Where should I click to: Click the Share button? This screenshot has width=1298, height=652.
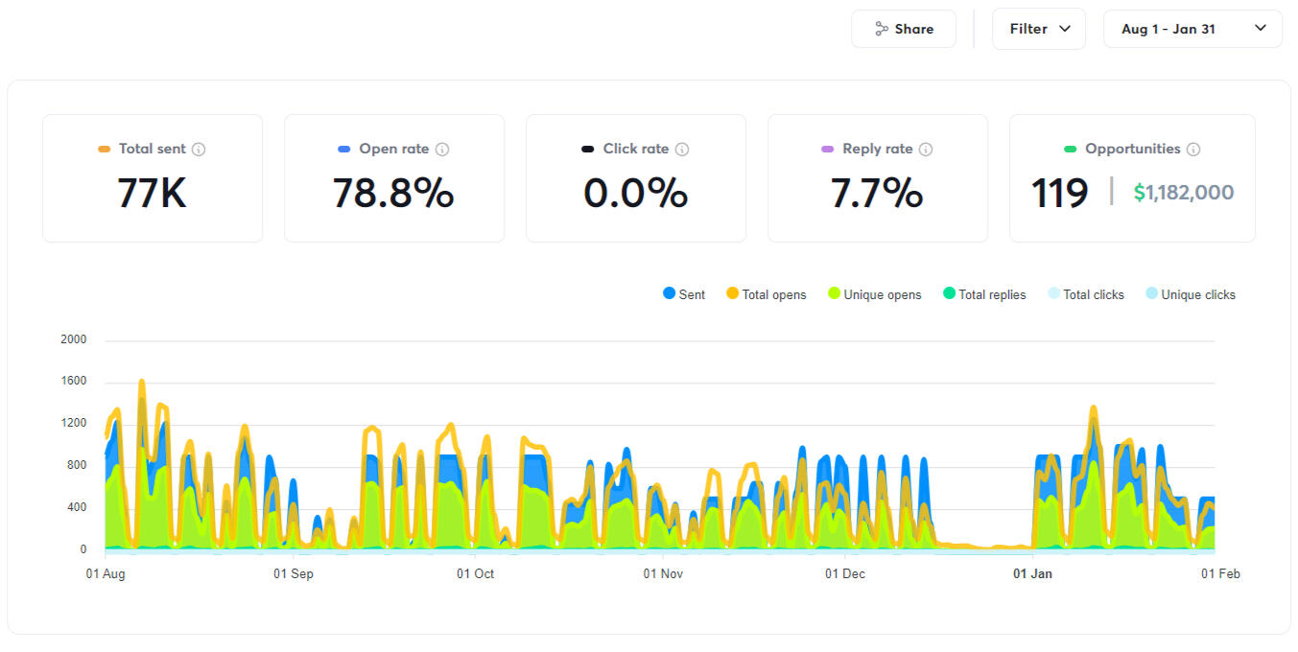pos(904,29)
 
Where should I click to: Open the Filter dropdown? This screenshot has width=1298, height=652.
pos(1039,29)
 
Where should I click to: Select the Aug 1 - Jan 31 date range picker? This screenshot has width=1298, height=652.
pos(1192,29)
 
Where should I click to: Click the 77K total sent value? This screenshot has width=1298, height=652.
pos(152,193)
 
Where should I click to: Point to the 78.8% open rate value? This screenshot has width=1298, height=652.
pos(393,193)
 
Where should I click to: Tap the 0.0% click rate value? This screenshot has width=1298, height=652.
pos(635,193)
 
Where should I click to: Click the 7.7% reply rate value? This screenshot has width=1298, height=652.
pos(877,193)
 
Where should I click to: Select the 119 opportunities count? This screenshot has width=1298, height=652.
pos(1059,193)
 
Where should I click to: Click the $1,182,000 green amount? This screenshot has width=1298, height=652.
pos(1184,193)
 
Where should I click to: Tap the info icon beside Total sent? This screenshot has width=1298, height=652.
pos(199,150)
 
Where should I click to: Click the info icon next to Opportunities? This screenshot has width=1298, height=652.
pos(1193,150)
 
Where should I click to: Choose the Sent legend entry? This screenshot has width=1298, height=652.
pos(684,294)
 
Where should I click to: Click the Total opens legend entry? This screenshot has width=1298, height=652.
pos(766,294)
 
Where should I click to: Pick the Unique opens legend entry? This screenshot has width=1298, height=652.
pos(874,294)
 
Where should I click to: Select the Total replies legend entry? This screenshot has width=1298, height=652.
pos(984,294)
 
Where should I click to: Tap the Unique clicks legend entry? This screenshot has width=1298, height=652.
pos(1191,294)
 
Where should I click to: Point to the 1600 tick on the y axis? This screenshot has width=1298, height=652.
pos(73,382)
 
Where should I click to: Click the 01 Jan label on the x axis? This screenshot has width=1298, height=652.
pos(1033,574)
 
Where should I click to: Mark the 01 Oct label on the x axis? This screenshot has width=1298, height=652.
pos(476,574)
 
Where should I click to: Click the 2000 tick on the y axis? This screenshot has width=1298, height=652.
pos(73,339)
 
